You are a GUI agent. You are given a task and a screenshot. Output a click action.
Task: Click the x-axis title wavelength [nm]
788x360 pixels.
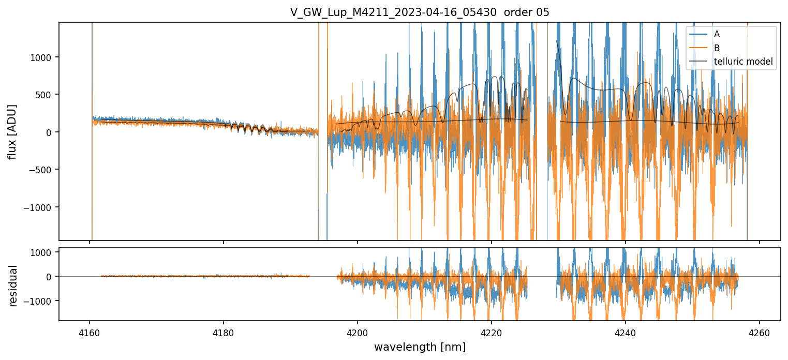[420, 347]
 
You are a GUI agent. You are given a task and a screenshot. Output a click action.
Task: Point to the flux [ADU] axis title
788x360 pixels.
[12, 131]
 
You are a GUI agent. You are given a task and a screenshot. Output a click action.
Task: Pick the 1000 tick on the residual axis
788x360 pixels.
[45, 252]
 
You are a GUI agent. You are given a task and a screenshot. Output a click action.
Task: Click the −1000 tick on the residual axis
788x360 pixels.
[43, 301]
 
